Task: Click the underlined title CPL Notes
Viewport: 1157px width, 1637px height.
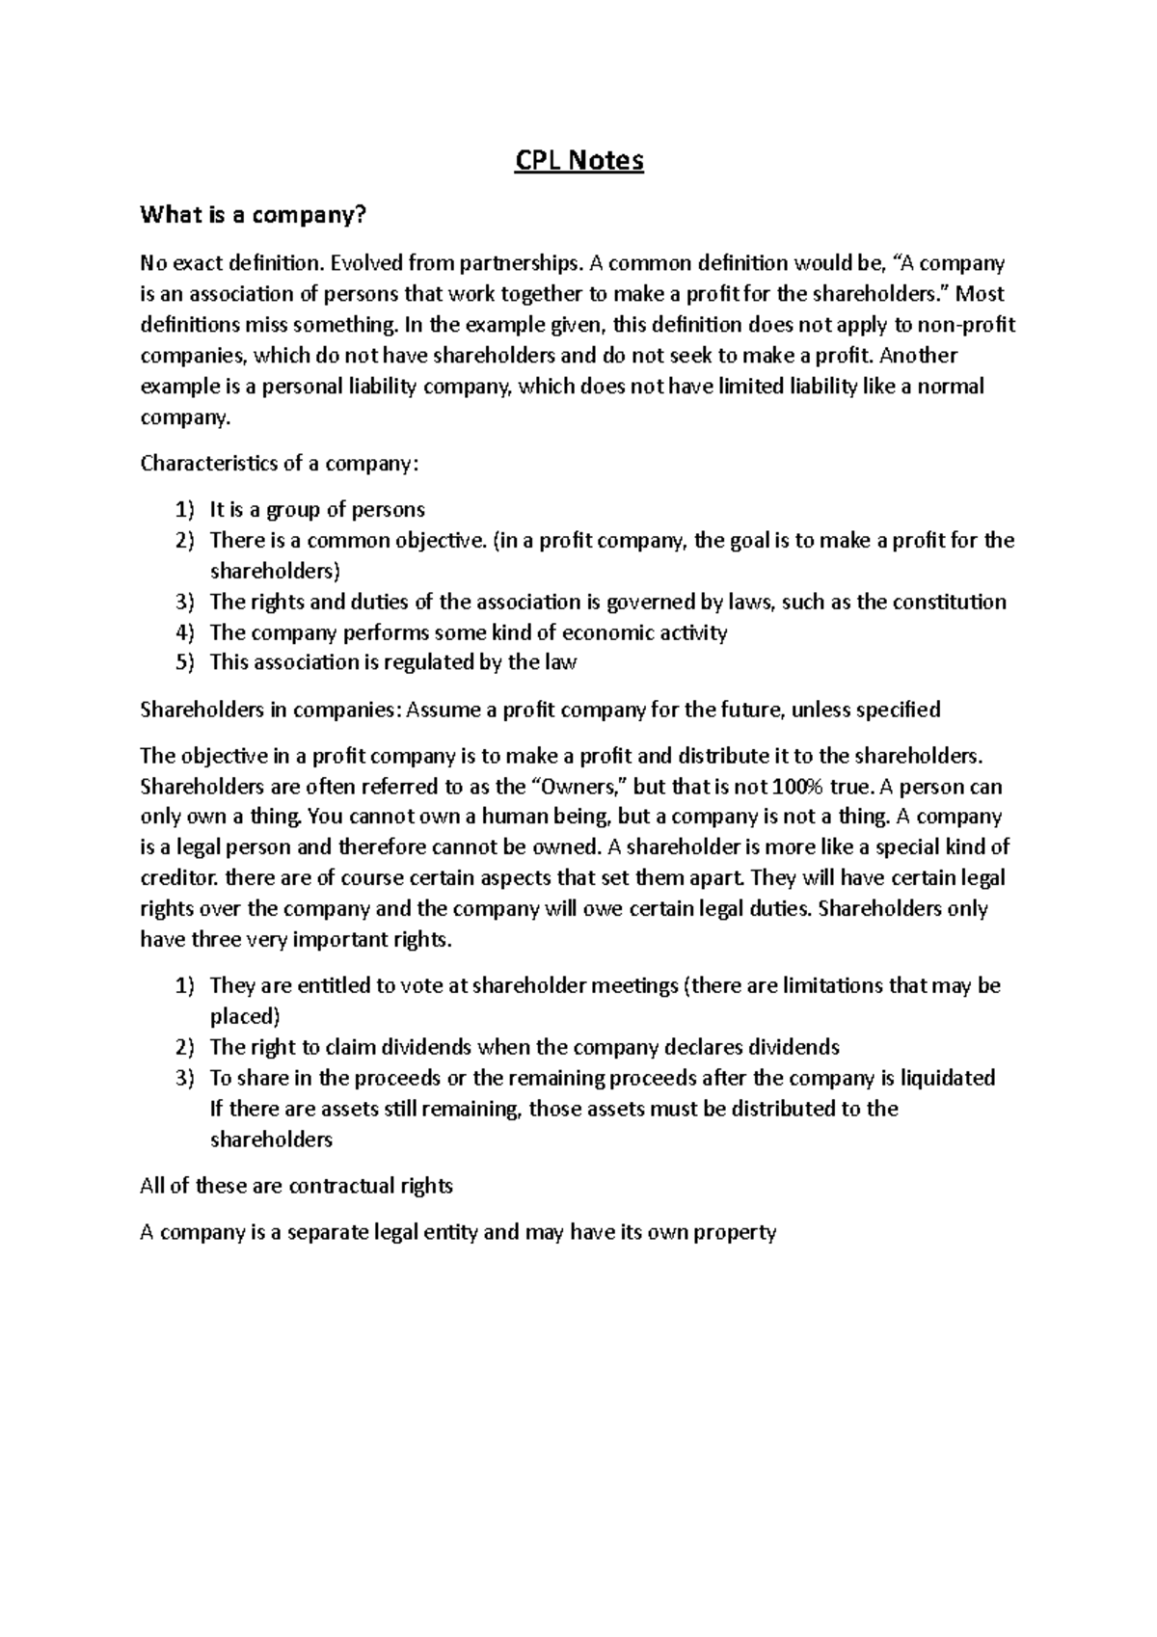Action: tap(578, 160)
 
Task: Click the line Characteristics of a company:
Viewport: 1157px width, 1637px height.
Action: tap(280, 463)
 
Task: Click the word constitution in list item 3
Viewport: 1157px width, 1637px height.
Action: tap(949, 602)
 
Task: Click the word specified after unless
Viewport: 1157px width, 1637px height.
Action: tap(899, 711)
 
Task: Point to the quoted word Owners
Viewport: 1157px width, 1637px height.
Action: tap(582, 786)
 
